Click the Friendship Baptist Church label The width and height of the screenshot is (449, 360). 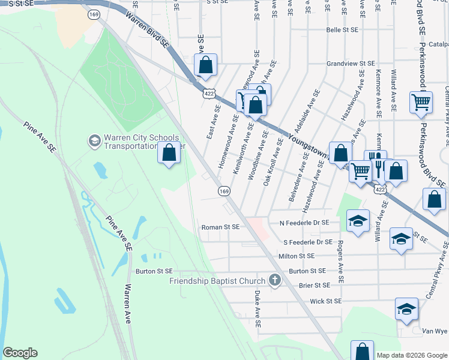point(217,281)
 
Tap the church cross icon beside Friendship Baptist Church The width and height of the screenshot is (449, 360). point(274,280)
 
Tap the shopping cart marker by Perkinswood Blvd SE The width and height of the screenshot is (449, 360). point(421,102)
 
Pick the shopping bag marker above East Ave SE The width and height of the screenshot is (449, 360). point(205,66)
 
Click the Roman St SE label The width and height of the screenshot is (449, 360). point(220,227)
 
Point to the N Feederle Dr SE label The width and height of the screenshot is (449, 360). point(305,223)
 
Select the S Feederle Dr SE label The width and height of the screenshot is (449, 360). point(307,242)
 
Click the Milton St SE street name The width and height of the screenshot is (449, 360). point(296,256)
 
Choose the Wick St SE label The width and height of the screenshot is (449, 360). point(325,301)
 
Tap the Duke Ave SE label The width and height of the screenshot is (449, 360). point(258,308)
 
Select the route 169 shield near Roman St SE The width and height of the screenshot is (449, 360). point(223,191)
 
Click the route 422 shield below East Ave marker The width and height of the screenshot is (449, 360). point(208,94)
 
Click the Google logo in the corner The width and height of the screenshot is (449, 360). point(20,352)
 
